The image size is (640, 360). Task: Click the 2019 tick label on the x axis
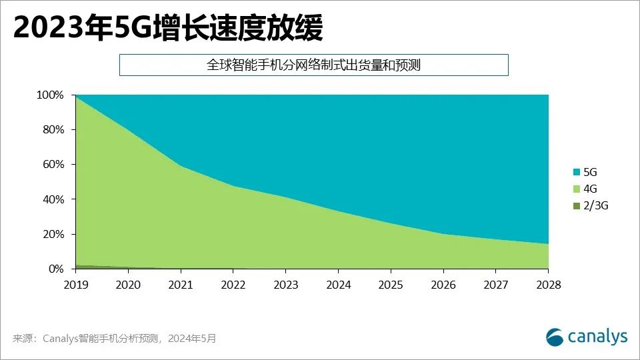pos(75,285)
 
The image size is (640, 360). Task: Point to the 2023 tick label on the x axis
pos(285,285)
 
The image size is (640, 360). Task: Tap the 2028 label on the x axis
pos(548,285)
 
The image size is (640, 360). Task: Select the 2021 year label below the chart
pos(181,285)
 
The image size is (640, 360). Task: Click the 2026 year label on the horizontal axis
pos(443,285)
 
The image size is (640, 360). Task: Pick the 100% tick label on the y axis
pos(51,95)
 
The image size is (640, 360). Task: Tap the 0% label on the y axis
pos(56,269)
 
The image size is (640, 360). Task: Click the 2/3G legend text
pos(595,206)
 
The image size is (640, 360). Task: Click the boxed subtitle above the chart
pos(313,65)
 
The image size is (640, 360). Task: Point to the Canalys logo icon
pos(555,337)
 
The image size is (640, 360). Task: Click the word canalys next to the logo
pos(597,337)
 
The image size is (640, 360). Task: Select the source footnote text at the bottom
pos(114,339)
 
